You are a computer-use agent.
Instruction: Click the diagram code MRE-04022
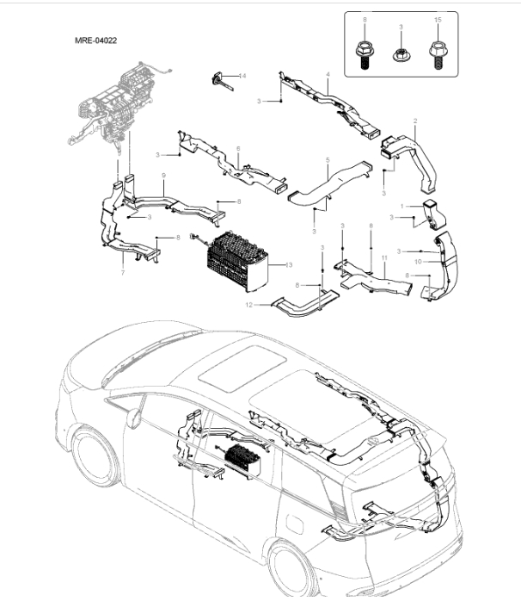click(x=96, y=40)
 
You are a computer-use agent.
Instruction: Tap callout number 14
click(x=242, y=77)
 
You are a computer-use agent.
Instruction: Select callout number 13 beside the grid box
click(x=289, y=265)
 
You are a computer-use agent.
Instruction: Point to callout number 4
click(x=328, y=76)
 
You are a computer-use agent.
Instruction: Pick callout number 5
click(x=238, y=149)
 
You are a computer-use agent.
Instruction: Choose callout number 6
click(x=122, y=273)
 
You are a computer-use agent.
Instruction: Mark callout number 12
click(x=249, y=305)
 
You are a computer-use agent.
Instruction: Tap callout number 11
click(x=384, y=257)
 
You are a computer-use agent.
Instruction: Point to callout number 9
click(x=163, y=176)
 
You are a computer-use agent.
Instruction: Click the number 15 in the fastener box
click(x=437, y=18)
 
